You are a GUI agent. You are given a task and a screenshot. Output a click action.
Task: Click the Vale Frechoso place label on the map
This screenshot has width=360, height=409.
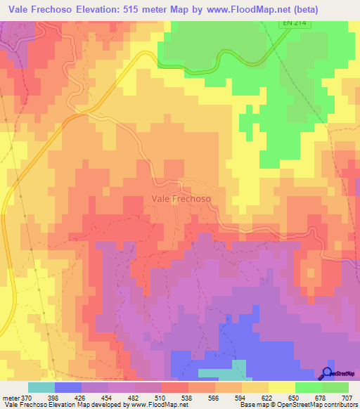[181, 199]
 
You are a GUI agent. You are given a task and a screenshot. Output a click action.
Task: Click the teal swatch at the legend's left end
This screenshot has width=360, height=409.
[41, 387]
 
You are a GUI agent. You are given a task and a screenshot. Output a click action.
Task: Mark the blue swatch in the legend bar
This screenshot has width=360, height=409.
[68, 387]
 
